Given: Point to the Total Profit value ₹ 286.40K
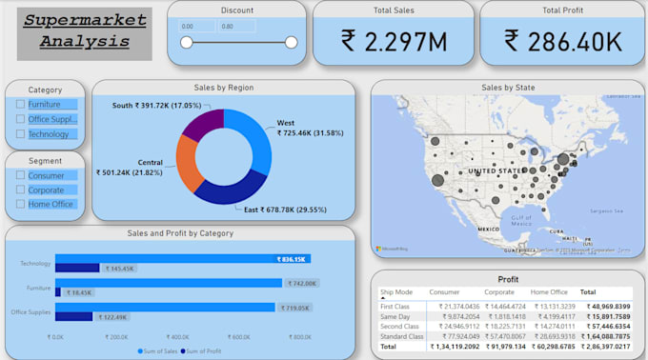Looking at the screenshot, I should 563,40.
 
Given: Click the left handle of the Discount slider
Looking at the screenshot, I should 186,42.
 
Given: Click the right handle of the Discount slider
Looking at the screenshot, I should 291,42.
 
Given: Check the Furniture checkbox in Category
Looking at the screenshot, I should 21,105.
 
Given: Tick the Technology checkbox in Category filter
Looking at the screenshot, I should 21,134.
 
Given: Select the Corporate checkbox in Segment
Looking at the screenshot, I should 21,190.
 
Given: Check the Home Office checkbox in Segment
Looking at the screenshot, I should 21,204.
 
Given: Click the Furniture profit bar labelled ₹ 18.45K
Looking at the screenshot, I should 58,292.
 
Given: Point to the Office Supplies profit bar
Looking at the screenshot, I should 73,316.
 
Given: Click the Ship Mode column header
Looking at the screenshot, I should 396,292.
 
